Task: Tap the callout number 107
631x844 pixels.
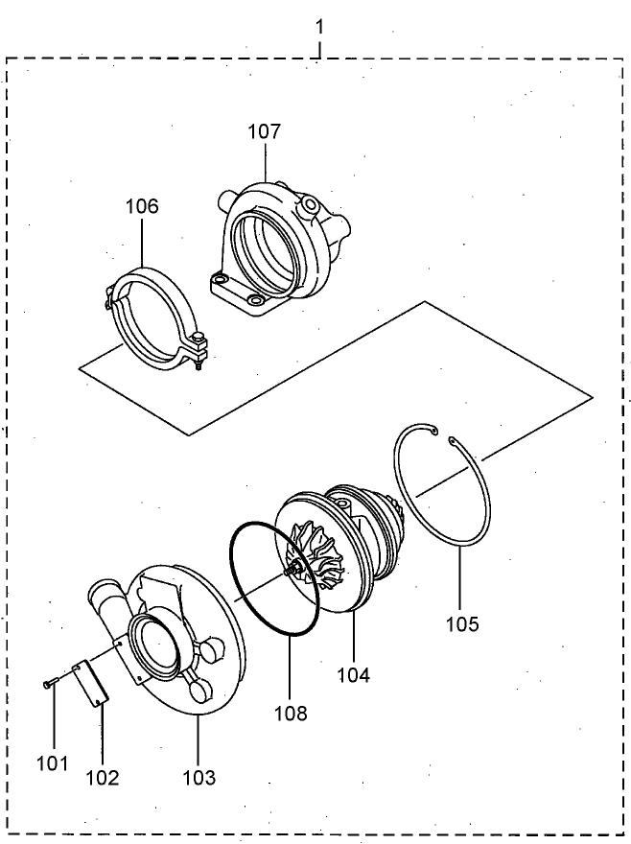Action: [265, 131]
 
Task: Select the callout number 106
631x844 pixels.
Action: [141, 206]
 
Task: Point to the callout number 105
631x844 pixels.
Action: [461, 624]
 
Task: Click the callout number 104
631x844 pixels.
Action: [353, 674]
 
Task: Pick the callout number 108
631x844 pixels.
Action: [290, 713]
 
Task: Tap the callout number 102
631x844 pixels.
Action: [102, 777]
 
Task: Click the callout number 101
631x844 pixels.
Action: [53, 763]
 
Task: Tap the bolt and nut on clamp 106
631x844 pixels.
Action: [198, 348]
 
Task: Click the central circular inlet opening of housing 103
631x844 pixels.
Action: [155, 644]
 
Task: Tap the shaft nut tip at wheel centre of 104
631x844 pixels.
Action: [289, 574]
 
